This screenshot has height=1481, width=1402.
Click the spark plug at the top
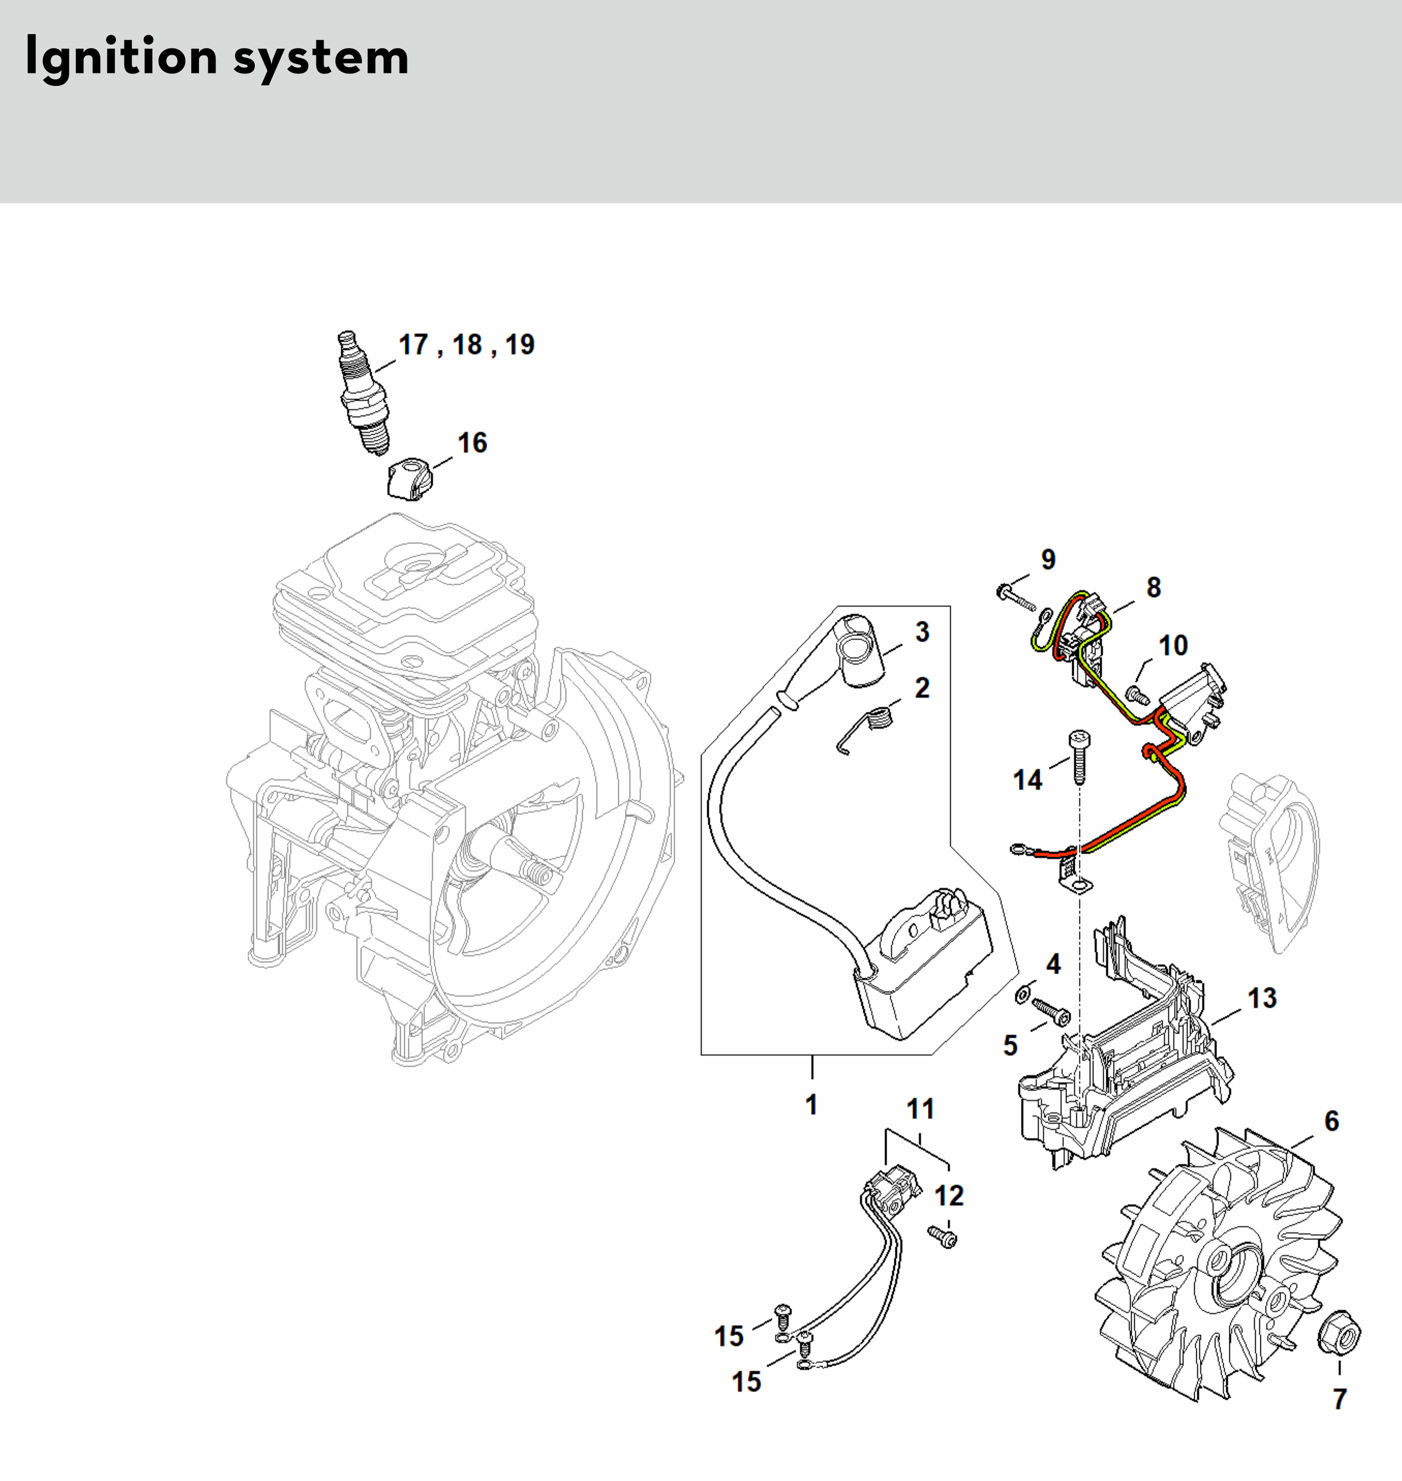pyautogui.click(x=363, y=393)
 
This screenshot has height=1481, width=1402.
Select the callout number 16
pyautogui.click(x=473, y=443)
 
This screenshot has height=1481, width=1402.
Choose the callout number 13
pyautogui.click(x=1261, y=998)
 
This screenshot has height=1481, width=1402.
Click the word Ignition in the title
pyautogui.click(x=121, y=57)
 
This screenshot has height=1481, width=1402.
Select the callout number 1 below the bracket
pyautogui.click(x=812, y=1104)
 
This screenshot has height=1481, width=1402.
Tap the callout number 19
pyautogui.click(x=520, y=344)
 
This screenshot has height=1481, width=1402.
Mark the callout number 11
pyautogui.click(x=921, y=1109)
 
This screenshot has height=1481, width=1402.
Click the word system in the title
pyautogui.click(x=322, y=57)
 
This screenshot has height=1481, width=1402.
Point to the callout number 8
pyautogui.click(x=1154, y=587)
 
